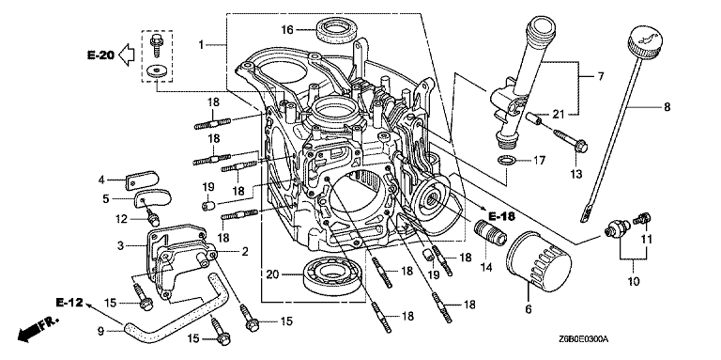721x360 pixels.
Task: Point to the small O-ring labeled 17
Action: pos(506,161)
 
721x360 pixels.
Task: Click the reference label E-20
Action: pos(100,55)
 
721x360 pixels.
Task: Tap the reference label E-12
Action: pos(69,303)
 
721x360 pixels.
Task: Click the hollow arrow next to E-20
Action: pos(126,55)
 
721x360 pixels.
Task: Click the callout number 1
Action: pos(201,45)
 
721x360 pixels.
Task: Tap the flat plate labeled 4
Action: pos(141,180)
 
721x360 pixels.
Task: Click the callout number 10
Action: pos(633,281)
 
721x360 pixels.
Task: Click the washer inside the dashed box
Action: pos(158,71)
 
